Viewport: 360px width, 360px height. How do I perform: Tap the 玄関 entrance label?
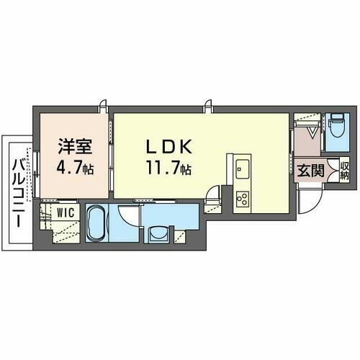tap(310, 171)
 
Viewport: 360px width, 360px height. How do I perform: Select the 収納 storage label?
tap(344, 171)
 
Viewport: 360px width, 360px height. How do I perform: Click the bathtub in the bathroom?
tap(96, 224)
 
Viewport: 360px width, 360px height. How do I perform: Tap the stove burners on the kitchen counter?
tap(242, 196)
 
